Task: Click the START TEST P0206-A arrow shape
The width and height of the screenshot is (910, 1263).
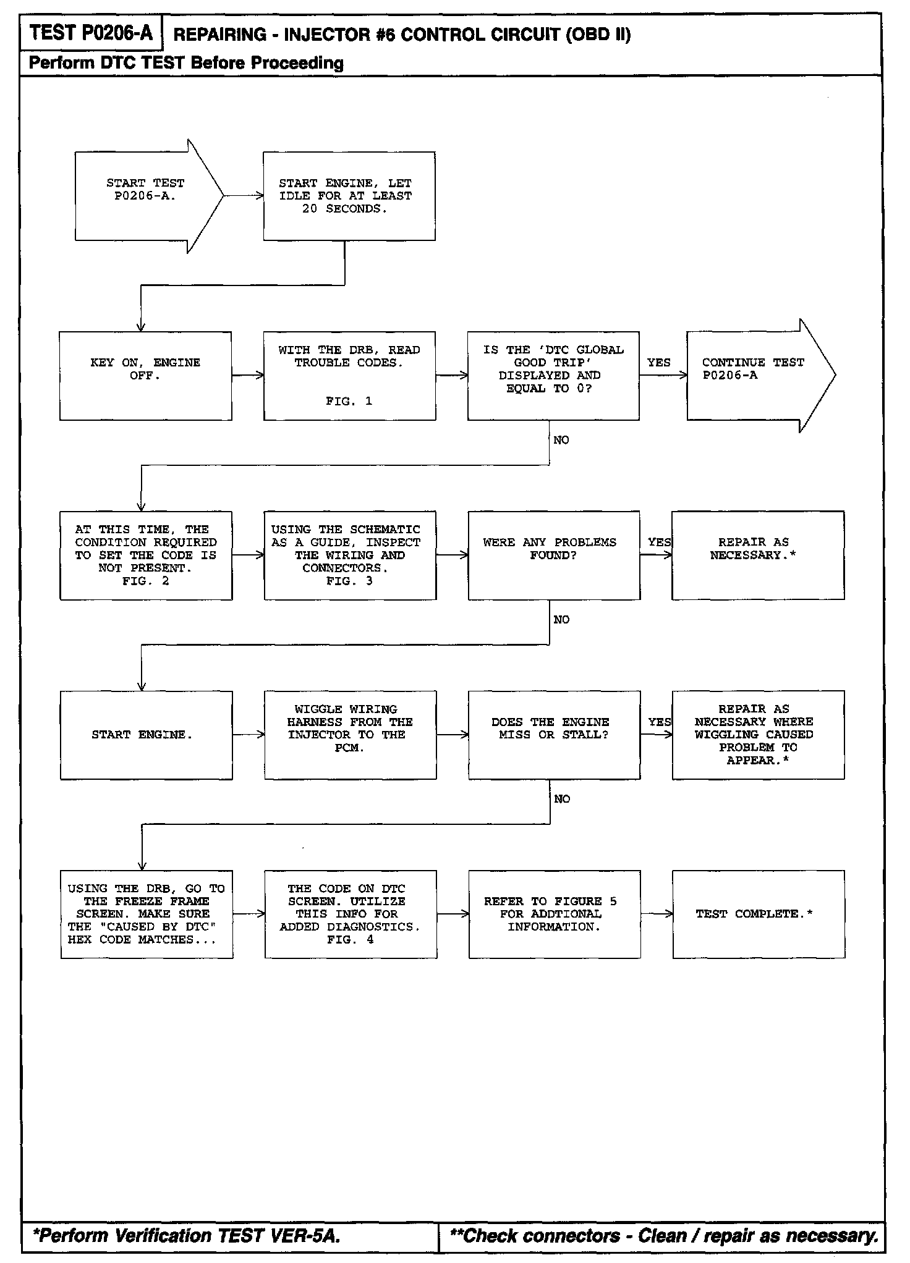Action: click(145, 195)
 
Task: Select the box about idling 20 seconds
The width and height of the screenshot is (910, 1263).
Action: click(349, 196)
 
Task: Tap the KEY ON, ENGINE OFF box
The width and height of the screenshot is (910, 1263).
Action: click(145, 376)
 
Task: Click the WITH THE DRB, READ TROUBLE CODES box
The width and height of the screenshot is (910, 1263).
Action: click(349, 376)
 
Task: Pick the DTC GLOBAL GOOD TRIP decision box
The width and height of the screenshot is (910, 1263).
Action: click(553, 376)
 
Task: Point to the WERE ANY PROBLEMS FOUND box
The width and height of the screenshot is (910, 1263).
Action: click(553, 555)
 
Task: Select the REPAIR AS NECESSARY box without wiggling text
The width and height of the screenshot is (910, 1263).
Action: click(757, 555)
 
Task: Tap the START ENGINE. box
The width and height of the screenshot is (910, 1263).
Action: click(146, 735)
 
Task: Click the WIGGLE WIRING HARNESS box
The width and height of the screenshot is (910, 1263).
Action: click(350, 735)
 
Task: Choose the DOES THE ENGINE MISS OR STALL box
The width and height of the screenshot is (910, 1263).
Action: click(553, 735)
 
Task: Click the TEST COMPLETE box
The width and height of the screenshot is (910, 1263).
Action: click(758, 914)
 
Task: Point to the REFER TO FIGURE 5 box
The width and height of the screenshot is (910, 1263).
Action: click(554, 914)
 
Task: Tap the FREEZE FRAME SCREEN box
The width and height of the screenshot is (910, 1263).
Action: click(147, 914)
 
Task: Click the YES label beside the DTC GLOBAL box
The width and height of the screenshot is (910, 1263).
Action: click(658, 363)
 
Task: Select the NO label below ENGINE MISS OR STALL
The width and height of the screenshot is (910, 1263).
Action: click(561, 799)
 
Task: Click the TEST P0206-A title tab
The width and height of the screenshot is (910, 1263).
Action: click(91, 33)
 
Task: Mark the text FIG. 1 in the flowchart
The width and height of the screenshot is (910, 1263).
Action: click(349, 401)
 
